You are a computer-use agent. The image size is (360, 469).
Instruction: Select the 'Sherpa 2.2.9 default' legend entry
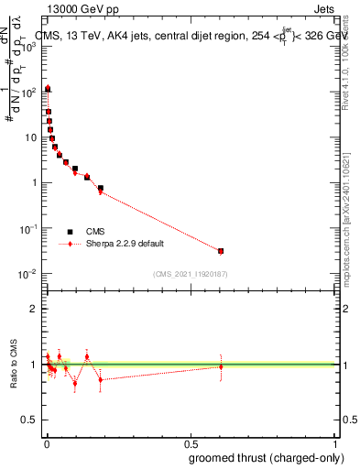coord(115,245)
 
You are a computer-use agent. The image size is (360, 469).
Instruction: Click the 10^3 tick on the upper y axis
coord(27,47)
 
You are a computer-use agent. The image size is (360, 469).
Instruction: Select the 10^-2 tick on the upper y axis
coord(27,273)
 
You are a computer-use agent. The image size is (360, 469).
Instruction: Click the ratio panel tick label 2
coord(33,309)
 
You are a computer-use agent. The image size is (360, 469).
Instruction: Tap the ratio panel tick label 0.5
coord(29,420)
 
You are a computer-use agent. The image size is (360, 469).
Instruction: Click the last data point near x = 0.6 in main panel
coord(221,251)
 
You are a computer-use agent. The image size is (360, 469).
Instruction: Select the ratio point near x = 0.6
coord(221,366)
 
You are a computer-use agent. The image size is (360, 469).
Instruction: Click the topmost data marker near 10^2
coord(48,89)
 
